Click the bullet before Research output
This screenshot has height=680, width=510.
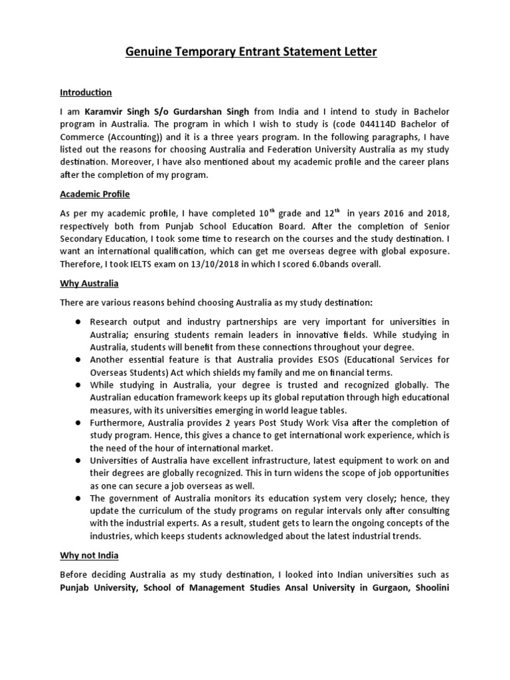coord(78,321)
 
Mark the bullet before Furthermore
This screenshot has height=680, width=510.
coord(78,423)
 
